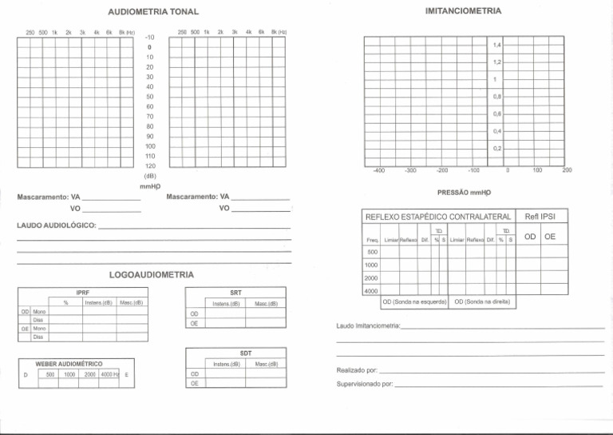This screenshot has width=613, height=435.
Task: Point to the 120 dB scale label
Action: pyautogui.click(x=149, y=165)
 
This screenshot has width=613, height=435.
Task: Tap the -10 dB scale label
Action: pyautogui.click(x=149, y=37)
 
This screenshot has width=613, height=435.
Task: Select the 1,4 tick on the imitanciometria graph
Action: pyautogui.click(x=496, y=45)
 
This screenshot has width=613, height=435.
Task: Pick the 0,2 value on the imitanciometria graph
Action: pyautogui.click(x=496, y=148)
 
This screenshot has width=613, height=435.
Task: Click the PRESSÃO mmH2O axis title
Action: pyautogui.click(x=465, y=194)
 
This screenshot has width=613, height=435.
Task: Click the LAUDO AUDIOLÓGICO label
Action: pyautogui.click(x=57, y=227)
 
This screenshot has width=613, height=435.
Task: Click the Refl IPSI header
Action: pyautogui.click(x=541, y=217)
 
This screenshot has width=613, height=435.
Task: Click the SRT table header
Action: pyautogui.click(x=235, y=293)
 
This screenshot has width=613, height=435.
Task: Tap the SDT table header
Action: pyautogui.click(x=244, y=353)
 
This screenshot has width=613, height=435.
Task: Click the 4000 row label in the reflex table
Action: pyautogui.click(x=370, y=291)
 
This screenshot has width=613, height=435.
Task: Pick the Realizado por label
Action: pyautogui.click(x=356, y=372)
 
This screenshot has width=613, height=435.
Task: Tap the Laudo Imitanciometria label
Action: pyautogui.click(x=369, y=327)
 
